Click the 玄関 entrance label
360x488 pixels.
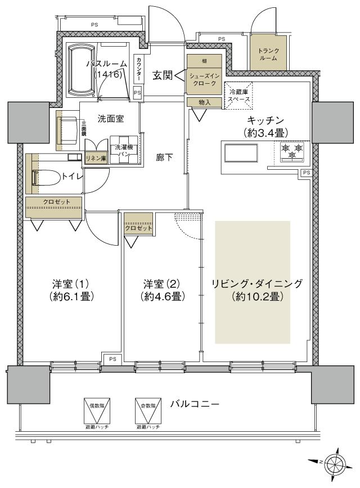click(x=163, y=75)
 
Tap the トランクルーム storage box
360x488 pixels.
click(x=268, y=54)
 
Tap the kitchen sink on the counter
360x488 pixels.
click(x=240, y=153)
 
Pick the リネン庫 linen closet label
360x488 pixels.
click(x=95, y=159)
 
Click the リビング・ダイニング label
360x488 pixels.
click(x=256, y=283)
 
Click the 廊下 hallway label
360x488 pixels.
click(x=164, y=158)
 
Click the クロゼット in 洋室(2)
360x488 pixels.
click(x=138, y=228)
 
